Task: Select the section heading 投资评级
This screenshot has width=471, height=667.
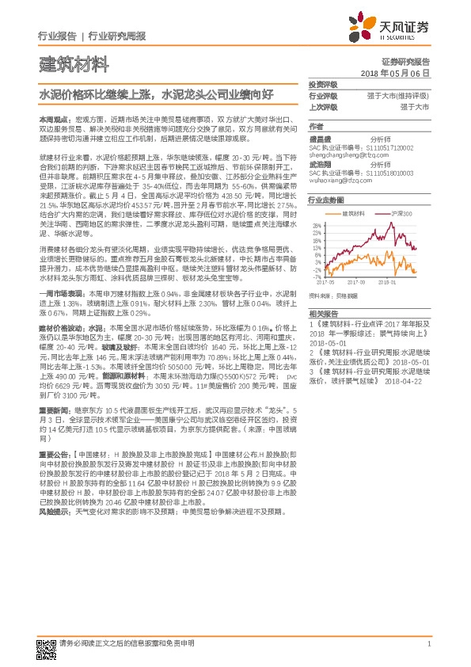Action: [323, 84]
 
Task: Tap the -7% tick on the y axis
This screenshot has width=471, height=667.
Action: [314, 276]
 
